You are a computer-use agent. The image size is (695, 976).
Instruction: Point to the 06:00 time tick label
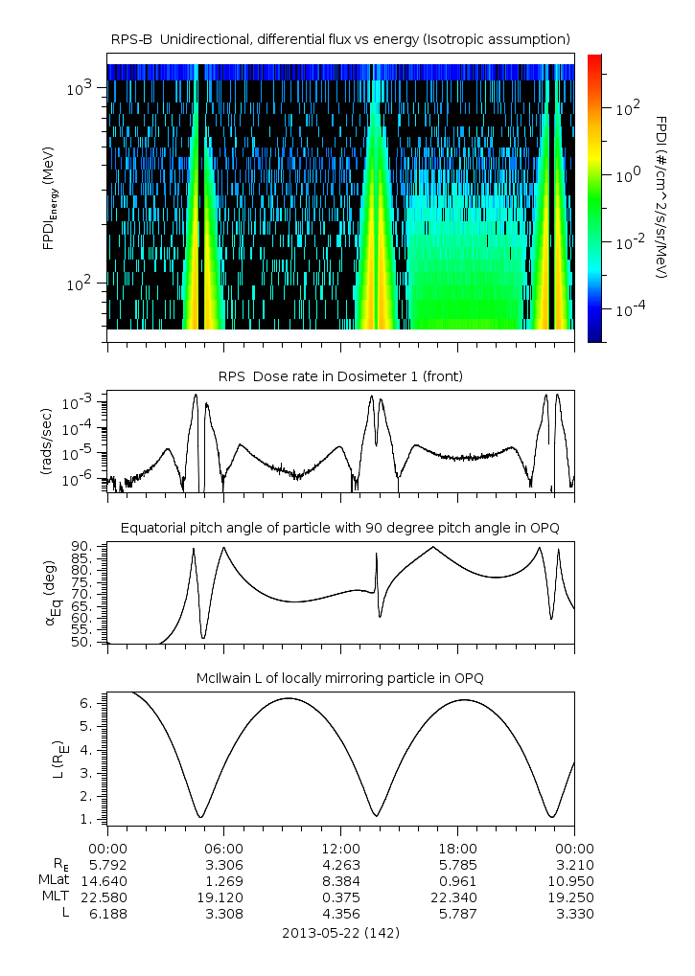pyautogui.click(x=223, y=848)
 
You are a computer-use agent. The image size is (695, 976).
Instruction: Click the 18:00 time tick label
pyautogui.click(x=457, y=848)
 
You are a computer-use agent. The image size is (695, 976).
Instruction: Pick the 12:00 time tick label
pyautogui.click(x=340, y=848)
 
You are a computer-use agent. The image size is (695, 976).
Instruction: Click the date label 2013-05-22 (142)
pyautogui.click(x=340, y=932)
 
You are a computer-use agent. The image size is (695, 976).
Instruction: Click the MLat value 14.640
pyautogui.click(x=107, y=880)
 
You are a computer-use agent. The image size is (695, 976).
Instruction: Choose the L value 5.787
pyautogui.click(x=457, y=913)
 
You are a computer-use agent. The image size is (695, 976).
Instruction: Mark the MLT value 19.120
pyautogui.click(x=223, y=897)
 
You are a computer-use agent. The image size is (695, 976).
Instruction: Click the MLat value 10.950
pyautogui.click(x=574, y=880)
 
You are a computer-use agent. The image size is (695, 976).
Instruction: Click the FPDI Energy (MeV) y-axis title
pyautogui.click(x=48, y=201)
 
